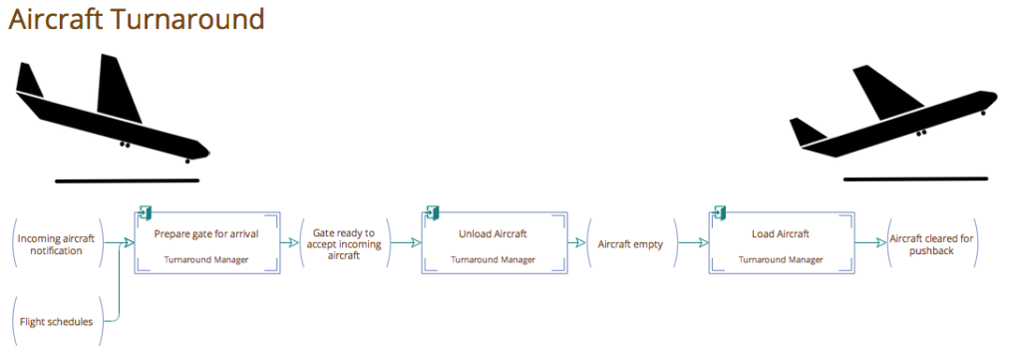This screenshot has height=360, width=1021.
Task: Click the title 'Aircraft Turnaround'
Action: tap(137, 19)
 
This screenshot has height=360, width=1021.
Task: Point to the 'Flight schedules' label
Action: tap(56, 321)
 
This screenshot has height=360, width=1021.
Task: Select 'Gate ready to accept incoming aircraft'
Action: tap(344, 243)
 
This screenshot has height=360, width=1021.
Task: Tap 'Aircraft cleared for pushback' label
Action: tap(930, 243)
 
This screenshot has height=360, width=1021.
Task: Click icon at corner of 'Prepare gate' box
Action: tap(145, 212)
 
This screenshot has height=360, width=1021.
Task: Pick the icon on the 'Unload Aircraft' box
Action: tap(433, 212)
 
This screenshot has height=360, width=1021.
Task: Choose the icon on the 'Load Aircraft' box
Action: tap(718, 212)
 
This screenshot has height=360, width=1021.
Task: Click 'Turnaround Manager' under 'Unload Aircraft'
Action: tap(493, 259)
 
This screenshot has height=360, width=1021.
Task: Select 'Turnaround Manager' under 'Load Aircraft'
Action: tap(781, 259)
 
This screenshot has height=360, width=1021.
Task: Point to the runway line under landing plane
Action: tap(127, 180)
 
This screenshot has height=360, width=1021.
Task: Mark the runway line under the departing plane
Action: tap(914, 179)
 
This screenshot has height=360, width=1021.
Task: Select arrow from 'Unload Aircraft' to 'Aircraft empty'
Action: tap(577, 242)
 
